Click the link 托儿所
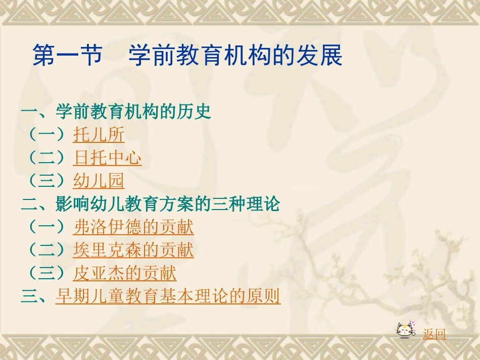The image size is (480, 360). tap(99, 135)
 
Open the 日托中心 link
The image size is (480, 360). tap(107, 158)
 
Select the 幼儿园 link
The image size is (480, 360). tap(99, 181)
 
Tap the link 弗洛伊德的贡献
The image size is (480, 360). tap(133, 227)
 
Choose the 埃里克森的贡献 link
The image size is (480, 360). tap(133, 250)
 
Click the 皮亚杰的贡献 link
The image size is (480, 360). tap(125, 274)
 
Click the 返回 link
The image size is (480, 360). tap(435, 334)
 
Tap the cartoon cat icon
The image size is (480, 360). tap(406, 331)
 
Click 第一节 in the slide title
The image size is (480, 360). tap(67, 56)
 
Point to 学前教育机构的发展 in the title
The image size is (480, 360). tap(235, 56)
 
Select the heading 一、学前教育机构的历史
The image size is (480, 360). tap(116, 112)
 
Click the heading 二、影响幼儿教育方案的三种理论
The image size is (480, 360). tap(151, 204)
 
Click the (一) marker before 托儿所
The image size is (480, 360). tap(46, 135)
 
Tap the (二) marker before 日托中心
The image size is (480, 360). tap(46, 158)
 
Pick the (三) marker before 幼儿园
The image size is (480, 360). tap(46, 181)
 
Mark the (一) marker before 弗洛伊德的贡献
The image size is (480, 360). tap(46, 227)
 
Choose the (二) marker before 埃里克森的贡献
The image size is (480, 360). tap(46, 250)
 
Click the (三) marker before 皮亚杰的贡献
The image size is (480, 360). tap(46, 274)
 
